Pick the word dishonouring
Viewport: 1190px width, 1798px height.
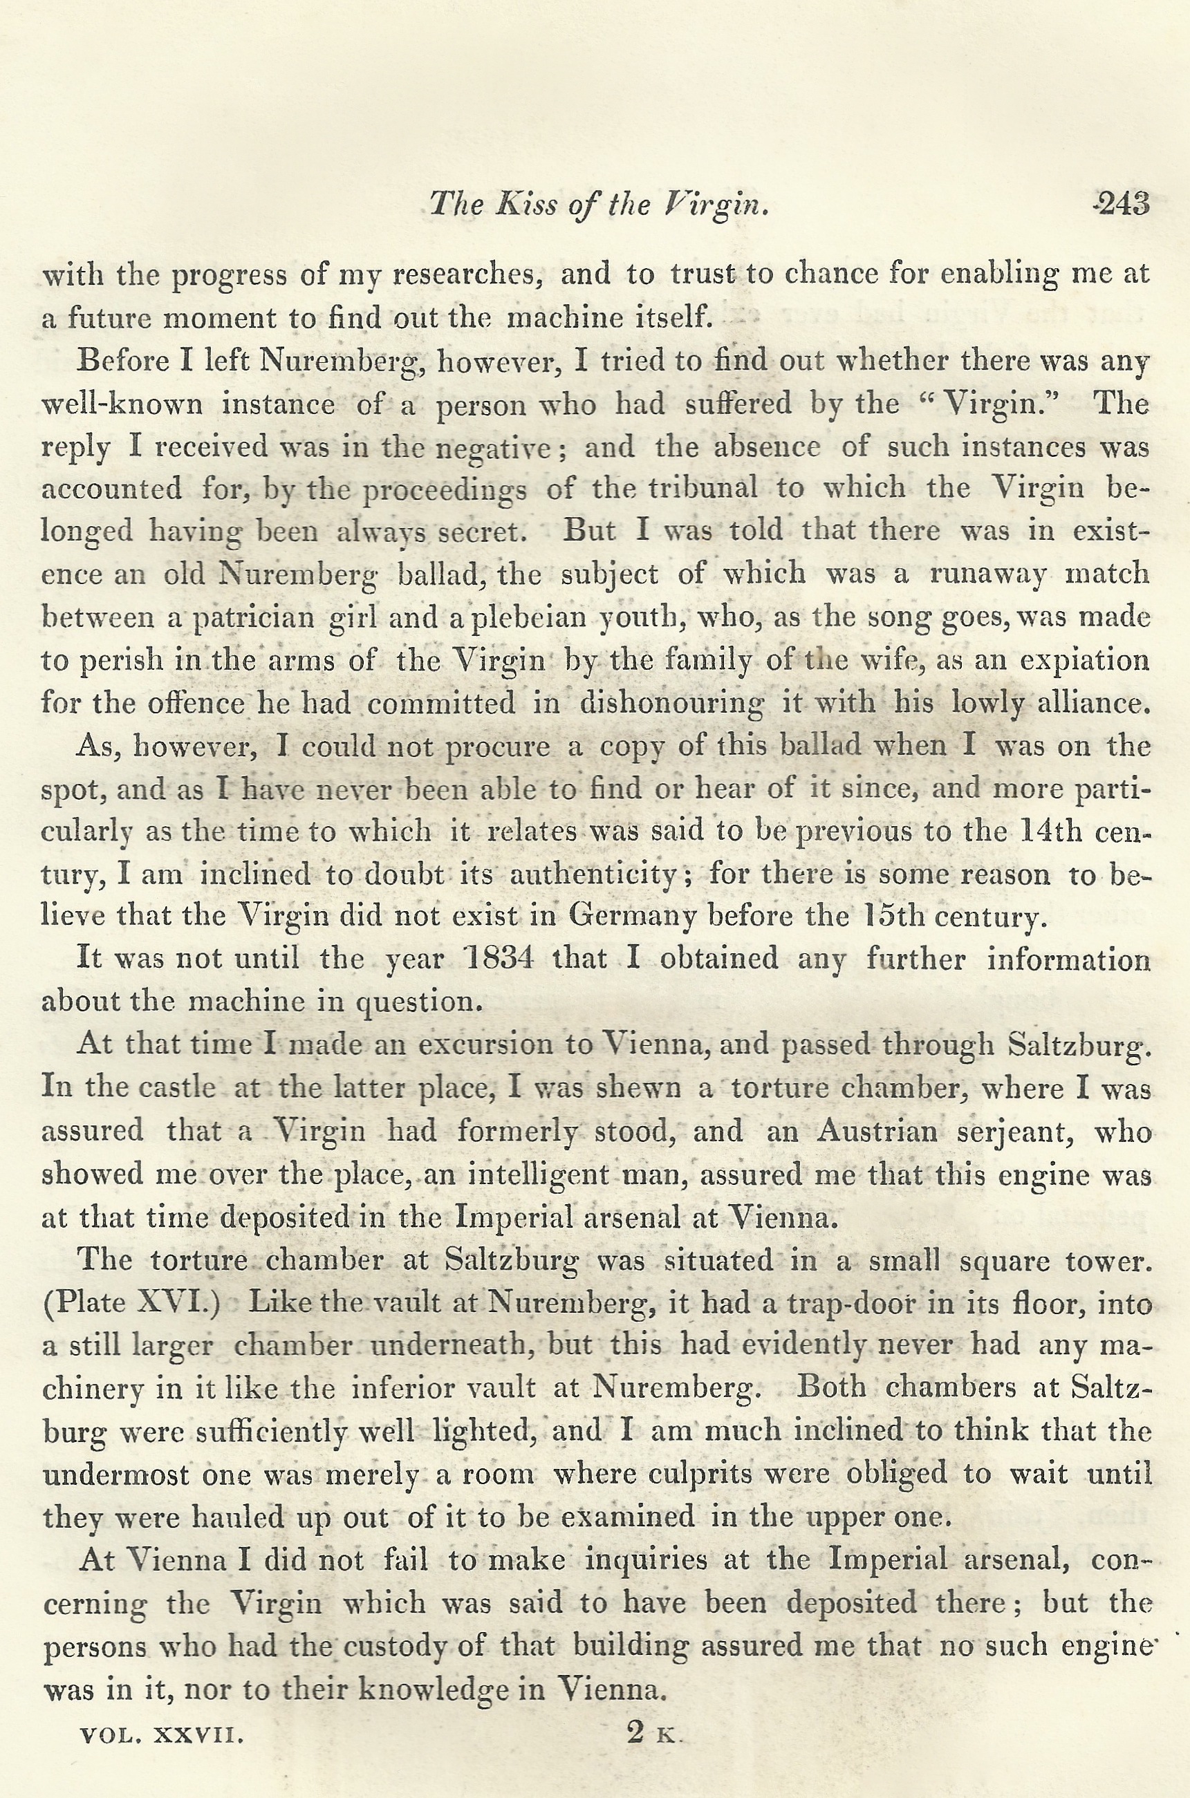tap(671, 703)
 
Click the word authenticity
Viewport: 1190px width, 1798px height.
tap(593, 874)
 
